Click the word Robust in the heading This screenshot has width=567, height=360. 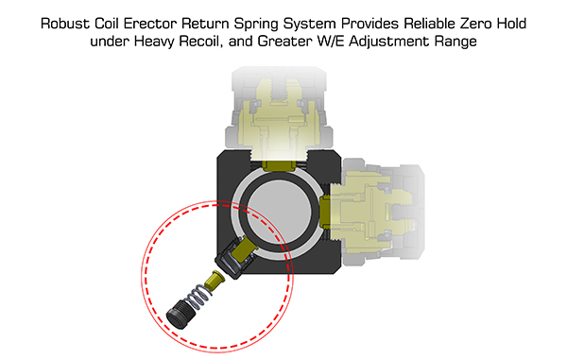click(65, 24)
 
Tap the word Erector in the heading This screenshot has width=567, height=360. click(150, 24)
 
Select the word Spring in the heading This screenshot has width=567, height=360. click(257, 25)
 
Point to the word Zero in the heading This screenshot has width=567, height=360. click(476, 24)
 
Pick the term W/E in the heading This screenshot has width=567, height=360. click(331, 42)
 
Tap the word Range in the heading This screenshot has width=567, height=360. click(455, 42)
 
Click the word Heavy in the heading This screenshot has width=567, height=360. click(155, 42)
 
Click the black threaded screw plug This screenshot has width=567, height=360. click(181, 314)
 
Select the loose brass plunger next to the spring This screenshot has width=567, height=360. click(215, 280)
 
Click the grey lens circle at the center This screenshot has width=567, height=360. click(281, 210)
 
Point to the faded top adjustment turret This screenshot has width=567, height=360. click(279, 113)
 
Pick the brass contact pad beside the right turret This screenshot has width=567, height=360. click(325, 211)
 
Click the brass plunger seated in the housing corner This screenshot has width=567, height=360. click(244, 249)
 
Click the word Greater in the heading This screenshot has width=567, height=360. click(285, 42)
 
